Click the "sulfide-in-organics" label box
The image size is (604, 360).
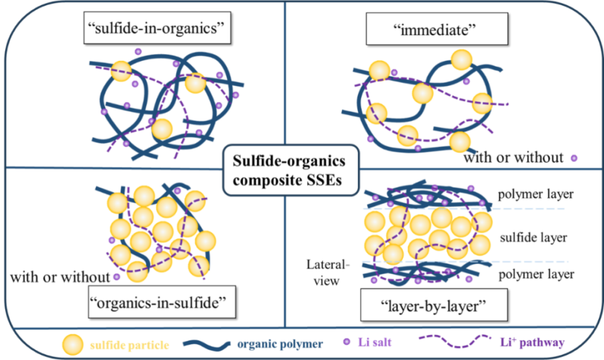[x=157, y=28]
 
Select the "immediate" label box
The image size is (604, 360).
[x=437, y=29]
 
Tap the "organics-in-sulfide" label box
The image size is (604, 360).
[x=162, y=302]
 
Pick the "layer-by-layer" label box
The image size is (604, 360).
[x=433, y=305]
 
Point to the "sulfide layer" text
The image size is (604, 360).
[x=534, y=237]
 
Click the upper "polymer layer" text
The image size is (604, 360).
[x=536, y=194]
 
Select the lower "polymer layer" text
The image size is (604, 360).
[x=536, y=274]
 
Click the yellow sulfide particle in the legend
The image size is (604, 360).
[x=72, y=345]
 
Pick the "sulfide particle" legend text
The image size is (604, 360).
[x=130, y=345]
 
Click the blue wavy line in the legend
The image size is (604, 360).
[x=206, y=344]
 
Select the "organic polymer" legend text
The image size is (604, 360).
[x=280, y=344]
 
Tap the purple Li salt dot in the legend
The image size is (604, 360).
[x=347, y=342]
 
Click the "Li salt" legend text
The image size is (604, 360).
[x=375, y=342]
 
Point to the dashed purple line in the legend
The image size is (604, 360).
[x=454, y=341]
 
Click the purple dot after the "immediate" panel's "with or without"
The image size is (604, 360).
[x=574, y=158]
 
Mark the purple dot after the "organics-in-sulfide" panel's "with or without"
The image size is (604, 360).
[x=117, y=277]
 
